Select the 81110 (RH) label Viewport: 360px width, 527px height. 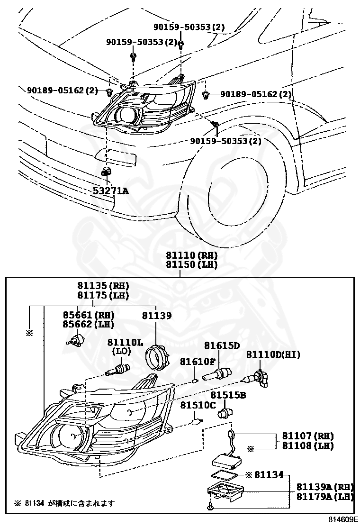tap(191, 255)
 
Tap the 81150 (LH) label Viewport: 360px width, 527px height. tap(191, 264)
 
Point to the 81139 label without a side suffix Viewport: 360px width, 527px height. tap(157, 315)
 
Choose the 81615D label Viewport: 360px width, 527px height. tap(222, 345)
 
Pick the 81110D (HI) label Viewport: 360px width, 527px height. tap(273, 354)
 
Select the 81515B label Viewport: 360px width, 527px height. tap(228, 394)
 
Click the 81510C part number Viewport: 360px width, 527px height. tap(198, 405)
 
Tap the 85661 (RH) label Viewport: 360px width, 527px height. tap(89, 315)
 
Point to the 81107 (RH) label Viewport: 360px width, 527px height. tap(308, 436)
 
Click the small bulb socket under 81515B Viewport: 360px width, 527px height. tap(224, 413)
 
